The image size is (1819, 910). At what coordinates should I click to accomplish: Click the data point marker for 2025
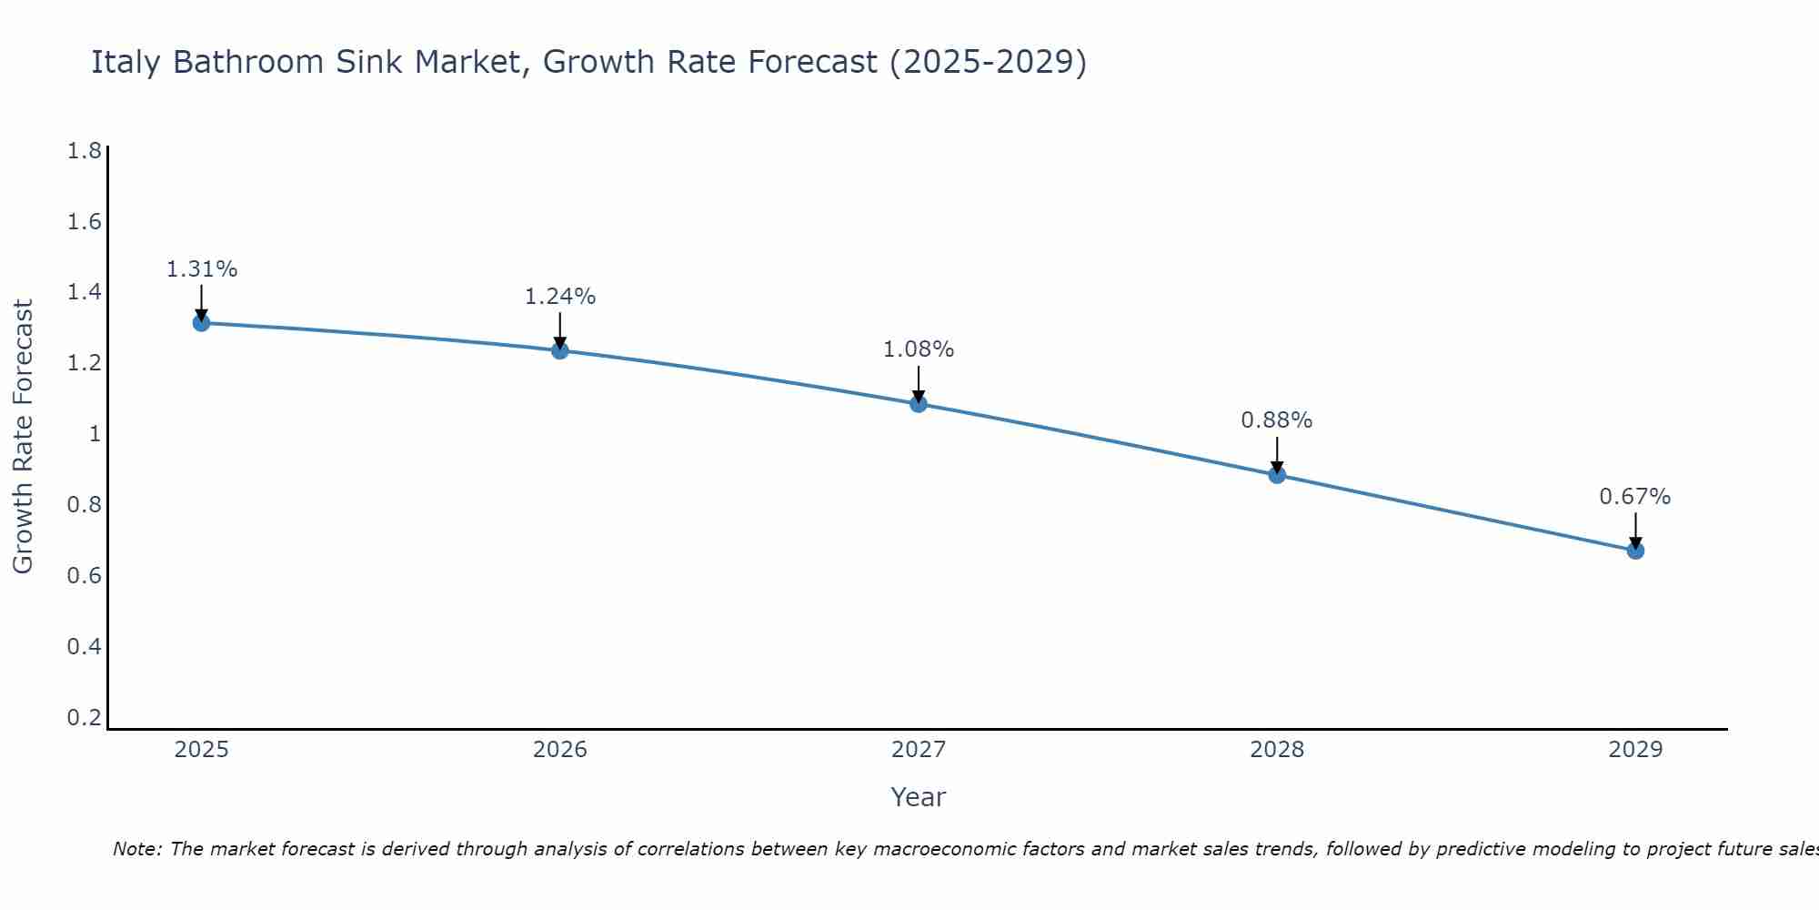(201, 323)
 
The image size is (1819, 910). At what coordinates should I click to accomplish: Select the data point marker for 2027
(919, 404)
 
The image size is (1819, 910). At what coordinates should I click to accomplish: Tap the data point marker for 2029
(1635, 551)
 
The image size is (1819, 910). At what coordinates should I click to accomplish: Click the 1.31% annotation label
(202, 269)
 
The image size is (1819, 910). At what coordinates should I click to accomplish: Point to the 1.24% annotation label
(560, 297)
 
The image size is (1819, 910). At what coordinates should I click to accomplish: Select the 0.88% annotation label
(1277, 420)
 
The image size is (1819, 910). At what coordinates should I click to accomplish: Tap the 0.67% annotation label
(1635, 497)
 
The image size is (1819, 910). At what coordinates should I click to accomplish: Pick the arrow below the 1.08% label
(919, 384)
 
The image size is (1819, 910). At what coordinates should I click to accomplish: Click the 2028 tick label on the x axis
(1277, 750)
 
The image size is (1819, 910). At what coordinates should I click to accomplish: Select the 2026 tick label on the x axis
(560, 750)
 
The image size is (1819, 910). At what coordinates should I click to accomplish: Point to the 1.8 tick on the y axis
(85, 151)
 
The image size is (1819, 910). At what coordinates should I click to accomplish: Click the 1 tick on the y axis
(94, 434)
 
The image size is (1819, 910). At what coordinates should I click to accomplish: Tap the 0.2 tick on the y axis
(85, 718)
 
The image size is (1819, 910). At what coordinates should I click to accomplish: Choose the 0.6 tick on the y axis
(85, 576)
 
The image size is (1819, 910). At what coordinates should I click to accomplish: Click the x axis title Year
(919, 797)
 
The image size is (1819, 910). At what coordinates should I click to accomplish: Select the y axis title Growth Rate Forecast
(23, 437)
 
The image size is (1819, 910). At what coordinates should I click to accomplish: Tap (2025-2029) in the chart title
(988, 63)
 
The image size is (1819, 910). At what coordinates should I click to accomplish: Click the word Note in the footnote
(136, 849)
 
